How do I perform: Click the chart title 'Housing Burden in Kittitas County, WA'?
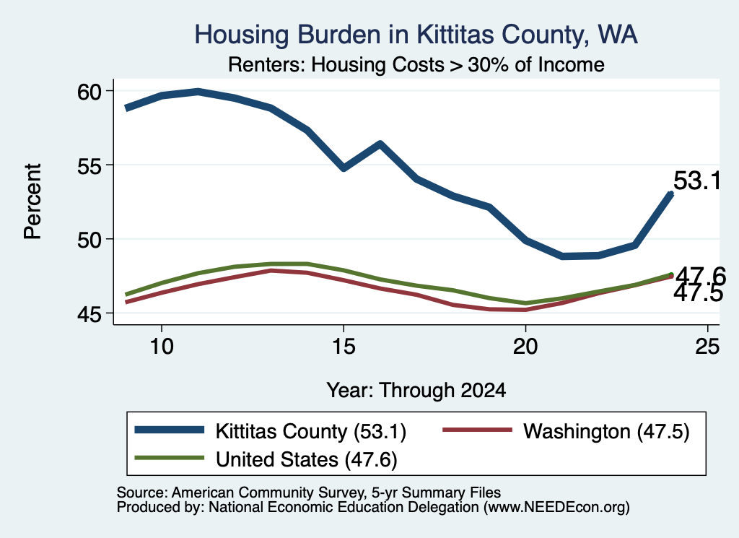tap(416, 35)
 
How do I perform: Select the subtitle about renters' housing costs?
tap(416, 64)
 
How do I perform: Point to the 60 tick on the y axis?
tap(89, 92)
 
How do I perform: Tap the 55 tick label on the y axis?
tap(89, 165)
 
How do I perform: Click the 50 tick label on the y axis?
tap(89, 240)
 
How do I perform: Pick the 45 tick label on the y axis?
tap(89, 313)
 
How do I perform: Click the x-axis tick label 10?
tap(162, 347)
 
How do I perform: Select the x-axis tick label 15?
tap(344, 347)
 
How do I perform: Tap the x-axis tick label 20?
tap(525, 347)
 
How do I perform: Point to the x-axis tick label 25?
tap(707, 347)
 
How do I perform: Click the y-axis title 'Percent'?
tap(33, 201)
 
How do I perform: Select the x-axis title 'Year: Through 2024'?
tap(416, 391)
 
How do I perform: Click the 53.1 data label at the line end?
tap(697, 181)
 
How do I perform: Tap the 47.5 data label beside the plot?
tap(698, 293)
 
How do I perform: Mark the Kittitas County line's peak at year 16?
tap(380, 144)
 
